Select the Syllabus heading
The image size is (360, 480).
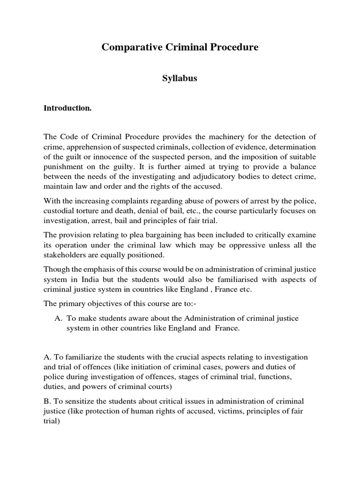coord(180,78)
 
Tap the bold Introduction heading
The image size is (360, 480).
coord(67,108)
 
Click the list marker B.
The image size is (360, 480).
coord(46,402)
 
